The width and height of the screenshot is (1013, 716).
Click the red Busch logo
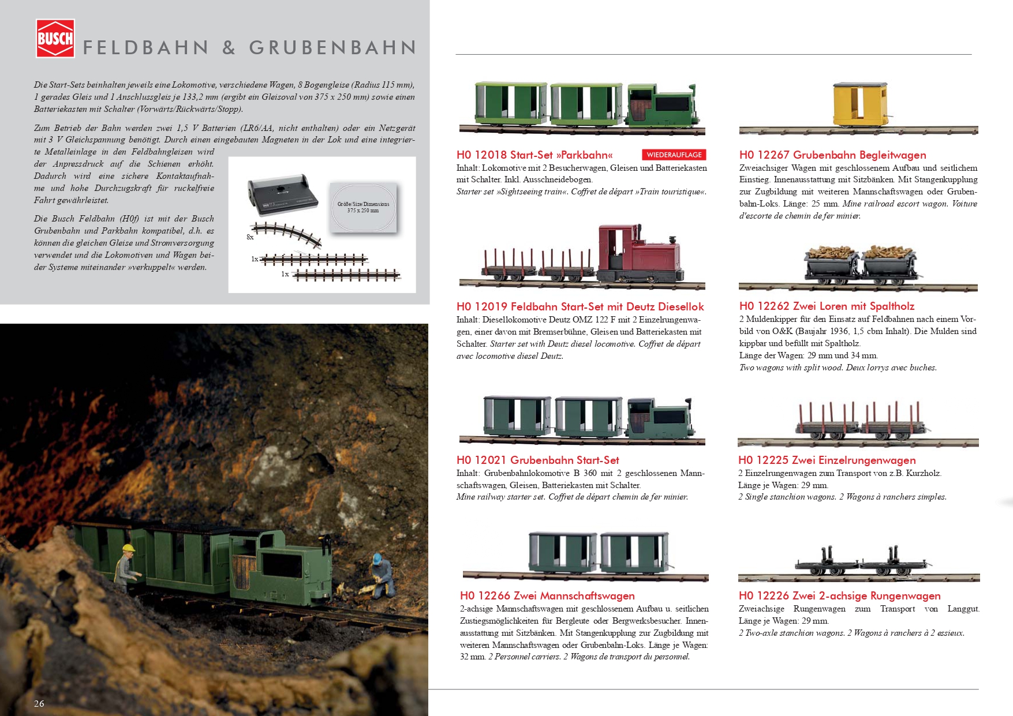click(55, 39)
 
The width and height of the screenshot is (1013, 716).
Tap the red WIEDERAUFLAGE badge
click(674, 155)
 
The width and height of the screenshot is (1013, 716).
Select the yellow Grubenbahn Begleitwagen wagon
click(859, 104)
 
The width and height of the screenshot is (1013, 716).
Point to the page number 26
click(39, 703)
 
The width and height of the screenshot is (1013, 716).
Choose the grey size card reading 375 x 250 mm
click(363, 208)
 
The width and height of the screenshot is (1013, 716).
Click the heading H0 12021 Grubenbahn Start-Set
click(537, 460)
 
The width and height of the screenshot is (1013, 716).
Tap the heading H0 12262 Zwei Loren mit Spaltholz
click(827, 306)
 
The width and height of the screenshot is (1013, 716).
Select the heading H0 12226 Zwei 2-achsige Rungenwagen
click(839, 595)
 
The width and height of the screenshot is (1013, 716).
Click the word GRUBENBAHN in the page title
click(332, 48)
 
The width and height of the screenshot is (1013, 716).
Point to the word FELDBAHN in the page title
click(145, 48)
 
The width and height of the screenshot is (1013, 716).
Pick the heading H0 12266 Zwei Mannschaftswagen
click(547, 595)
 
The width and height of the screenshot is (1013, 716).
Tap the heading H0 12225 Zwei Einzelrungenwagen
click(827, 460)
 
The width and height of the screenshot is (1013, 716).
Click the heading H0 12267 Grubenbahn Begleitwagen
click(832, 155)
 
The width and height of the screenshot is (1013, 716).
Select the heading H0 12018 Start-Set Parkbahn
click(534, 155)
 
